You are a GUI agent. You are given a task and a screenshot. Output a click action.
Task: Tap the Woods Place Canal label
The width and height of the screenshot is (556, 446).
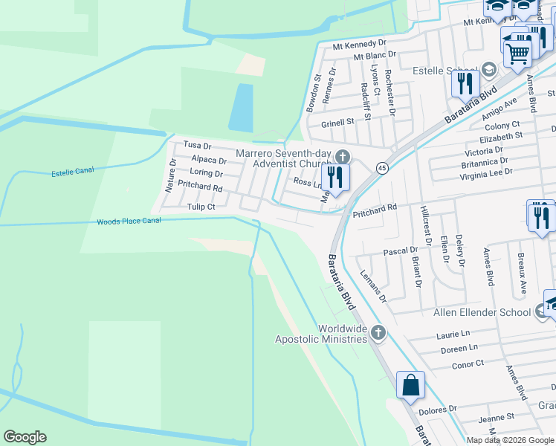pos(129,221)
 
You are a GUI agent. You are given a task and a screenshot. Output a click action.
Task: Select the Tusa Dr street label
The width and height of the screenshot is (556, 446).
pos(197,146)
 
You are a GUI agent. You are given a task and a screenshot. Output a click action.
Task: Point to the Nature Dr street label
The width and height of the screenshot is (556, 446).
pos(170,175)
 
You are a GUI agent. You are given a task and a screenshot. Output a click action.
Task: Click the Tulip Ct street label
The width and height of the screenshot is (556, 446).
pos(201,207)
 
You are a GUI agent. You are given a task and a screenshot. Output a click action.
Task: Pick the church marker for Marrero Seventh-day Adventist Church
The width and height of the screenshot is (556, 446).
pos(342,156)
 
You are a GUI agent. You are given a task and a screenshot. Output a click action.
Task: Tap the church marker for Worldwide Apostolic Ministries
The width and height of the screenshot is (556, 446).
pos(378,332)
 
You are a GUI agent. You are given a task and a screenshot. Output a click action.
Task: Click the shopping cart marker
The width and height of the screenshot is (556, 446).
pos(518,51)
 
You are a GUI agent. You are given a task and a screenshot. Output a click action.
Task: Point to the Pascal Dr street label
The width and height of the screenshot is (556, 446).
pos(400,252)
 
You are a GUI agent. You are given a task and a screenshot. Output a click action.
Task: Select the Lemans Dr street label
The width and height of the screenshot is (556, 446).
pos(373,285)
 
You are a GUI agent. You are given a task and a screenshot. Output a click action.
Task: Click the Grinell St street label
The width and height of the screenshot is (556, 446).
pos(337,122)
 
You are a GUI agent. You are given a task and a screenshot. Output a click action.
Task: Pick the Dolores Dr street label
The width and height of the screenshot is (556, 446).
pos(436,410)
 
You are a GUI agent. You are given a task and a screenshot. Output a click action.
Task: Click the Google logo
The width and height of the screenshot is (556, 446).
pos(25,437)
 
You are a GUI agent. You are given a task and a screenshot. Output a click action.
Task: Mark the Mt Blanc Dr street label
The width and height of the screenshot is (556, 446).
pos(375,56)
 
